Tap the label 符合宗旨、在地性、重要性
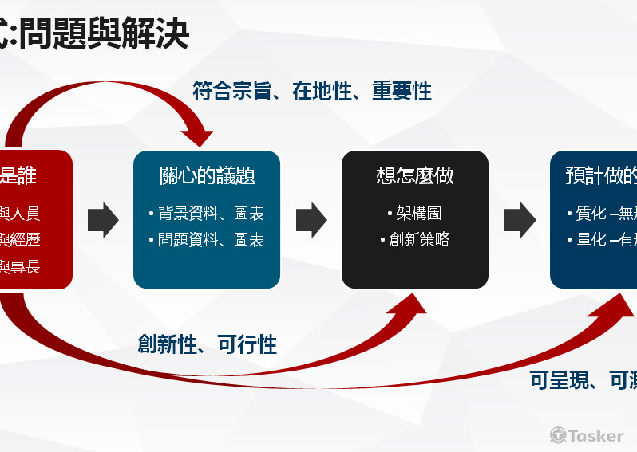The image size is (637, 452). click(312, 91)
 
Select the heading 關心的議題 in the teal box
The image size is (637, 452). click(207, 175)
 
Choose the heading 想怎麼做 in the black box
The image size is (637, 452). click(415, 175)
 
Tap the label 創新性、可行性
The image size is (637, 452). click(207, 344)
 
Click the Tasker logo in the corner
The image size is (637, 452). click(587, 435)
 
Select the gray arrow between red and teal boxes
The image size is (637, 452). click(102, 220)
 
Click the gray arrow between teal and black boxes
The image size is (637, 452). click(311, 220)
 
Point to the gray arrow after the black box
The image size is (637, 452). click(520, 220)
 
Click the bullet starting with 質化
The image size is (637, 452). click(606, 214)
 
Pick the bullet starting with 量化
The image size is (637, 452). click(606, 240)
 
